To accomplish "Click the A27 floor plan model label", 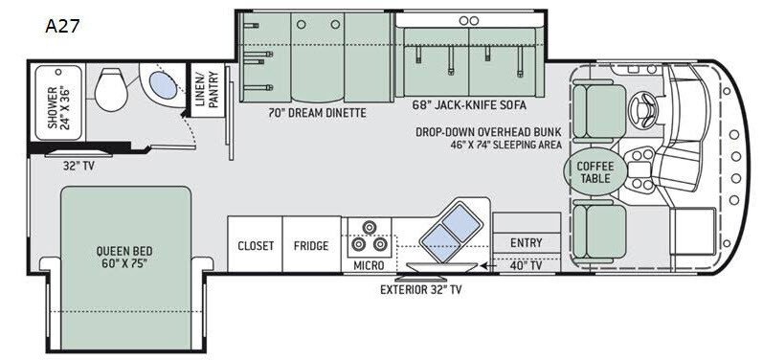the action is [x=62, y=25].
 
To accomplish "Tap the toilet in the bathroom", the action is [x=111, y=90].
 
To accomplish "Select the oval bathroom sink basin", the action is [x=163, y=84].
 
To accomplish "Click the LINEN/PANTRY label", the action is [x=208, y=90].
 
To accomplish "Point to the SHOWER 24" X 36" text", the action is [x=58, y=107].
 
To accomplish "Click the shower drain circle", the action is [x=59, y=72].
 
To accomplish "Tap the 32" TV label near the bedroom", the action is [x=79, y=166].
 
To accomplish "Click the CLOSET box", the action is [x=255, y=244].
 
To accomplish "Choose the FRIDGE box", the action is [x=311, y=244].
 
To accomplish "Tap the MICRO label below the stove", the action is [x=369, y=265].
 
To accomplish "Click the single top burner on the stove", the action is [x=370, y=227].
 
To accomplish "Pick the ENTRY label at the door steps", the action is [x=526, y=243].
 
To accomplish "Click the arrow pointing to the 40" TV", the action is [x=489, y=265].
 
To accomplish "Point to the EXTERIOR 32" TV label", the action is [x=420, y=290].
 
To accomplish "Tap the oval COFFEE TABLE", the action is [x=595, y=172].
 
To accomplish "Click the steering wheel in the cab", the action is [x=642, y=108].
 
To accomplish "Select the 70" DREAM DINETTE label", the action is [x=317, y=113].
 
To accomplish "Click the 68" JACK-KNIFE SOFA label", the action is [x=469, y=104].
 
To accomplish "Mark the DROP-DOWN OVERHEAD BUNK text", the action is [x=488, y=132].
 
